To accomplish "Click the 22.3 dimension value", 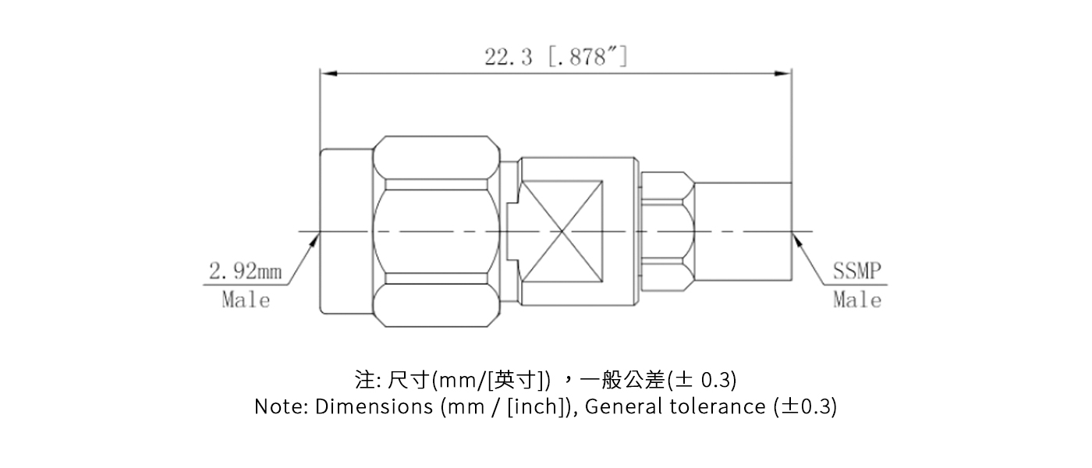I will pyautogui.click(x=508, y=57).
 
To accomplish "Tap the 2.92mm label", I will pyautogui.click(x=245, y=272).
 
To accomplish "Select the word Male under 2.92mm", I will pyautogui.click(x=246, y=300).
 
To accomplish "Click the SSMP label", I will pyautogui.click(x=856, y=272).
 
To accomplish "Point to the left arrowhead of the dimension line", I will pyautogui.click(x=327, y=73).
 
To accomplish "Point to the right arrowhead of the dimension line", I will pyautogui.click(x=784, y=73).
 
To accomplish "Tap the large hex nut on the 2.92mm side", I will pyautogui.click(x=435, y=231).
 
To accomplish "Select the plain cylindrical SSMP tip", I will pyautogui.click(x=743, y=231).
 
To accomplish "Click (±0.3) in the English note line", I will pyautogui.click(x=804, y=406).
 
